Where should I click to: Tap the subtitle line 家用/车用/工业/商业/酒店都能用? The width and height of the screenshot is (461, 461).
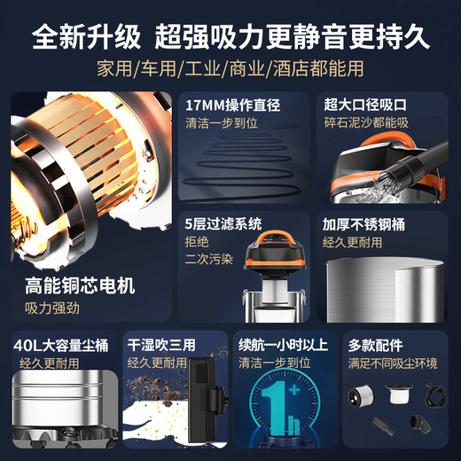pyautogui.click(x=230, y=69)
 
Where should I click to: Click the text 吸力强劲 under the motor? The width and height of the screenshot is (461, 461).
pyautogui.click(x=51, y=309)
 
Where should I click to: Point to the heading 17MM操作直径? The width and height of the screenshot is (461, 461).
pyautogui.click(x=231, y=105)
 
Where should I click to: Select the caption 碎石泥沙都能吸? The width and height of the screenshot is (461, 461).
pyautogui.click(x=366, y=123)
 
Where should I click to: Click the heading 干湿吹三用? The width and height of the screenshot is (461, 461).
pyautogui.click(x=160, y=344)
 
